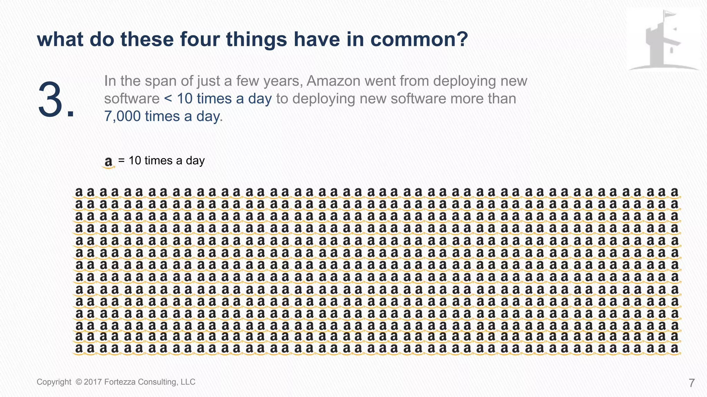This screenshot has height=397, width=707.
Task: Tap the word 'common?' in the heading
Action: [419, 39]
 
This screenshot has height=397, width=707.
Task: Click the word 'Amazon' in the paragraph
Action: [333, 81]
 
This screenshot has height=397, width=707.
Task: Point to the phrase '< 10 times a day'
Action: [218, 99]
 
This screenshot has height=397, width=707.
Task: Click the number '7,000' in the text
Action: [122, 116]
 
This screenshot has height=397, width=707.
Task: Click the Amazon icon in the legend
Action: [109, 162]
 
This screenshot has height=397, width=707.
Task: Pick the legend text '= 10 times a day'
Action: [161, 161]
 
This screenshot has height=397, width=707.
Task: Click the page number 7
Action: [691, 383]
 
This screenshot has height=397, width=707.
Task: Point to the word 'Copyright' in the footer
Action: [54, 382]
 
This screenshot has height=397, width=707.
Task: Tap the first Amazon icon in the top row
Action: [79, 192]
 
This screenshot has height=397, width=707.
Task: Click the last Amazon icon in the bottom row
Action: [675, 349]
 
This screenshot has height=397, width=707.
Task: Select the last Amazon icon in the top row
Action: [675, 192]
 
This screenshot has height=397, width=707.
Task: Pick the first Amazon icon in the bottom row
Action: [79, 349]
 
